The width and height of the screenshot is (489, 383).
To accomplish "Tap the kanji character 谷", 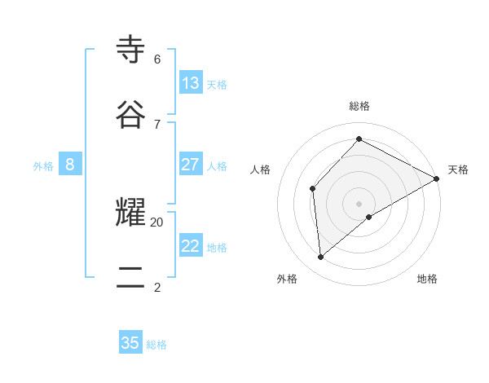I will (131, 114).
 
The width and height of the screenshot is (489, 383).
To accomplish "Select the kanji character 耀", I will (131, 212).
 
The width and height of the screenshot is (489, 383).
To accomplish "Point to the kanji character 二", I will (131, 277).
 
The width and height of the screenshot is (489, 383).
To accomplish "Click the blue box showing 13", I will (191, 83).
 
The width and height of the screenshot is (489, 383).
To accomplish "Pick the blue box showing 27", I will (191, 165).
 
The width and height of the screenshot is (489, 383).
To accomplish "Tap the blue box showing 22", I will (191, 246).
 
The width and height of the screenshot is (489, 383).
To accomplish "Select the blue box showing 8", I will (70, 165).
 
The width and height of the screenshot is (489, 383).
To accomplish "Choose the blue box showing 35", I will (130, 343).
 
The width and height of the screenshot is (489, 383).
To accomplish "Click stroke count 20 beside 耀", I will (157, 222).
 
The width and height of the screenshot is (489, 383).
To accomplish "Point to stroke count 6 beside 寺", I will (157, 59).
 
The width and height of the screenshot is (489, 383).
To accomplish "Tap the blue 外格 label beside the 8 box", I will (43, 166).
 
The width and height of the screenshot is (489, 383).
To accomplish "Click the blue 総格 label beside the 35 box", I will (156, 345).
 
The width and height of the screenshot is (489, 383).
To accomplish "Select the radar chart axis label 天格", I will (458, 169).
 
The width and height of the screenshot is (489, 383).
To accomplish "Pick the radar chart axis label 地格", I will (427, 279).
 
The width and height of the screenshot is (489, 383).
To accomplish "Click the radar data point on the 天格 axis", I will (437, 178).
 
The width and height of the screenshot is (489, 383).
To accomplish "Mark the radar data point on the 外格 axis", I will (321, 258).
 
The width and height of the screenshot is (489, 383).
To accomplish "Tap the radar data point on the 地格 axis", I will (369, 217).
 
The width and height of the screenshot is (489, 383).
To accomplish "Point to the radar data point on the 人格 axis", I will (313, 189).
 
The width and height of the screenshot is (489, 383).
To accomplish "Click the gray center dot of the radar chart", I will (359, 203).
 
